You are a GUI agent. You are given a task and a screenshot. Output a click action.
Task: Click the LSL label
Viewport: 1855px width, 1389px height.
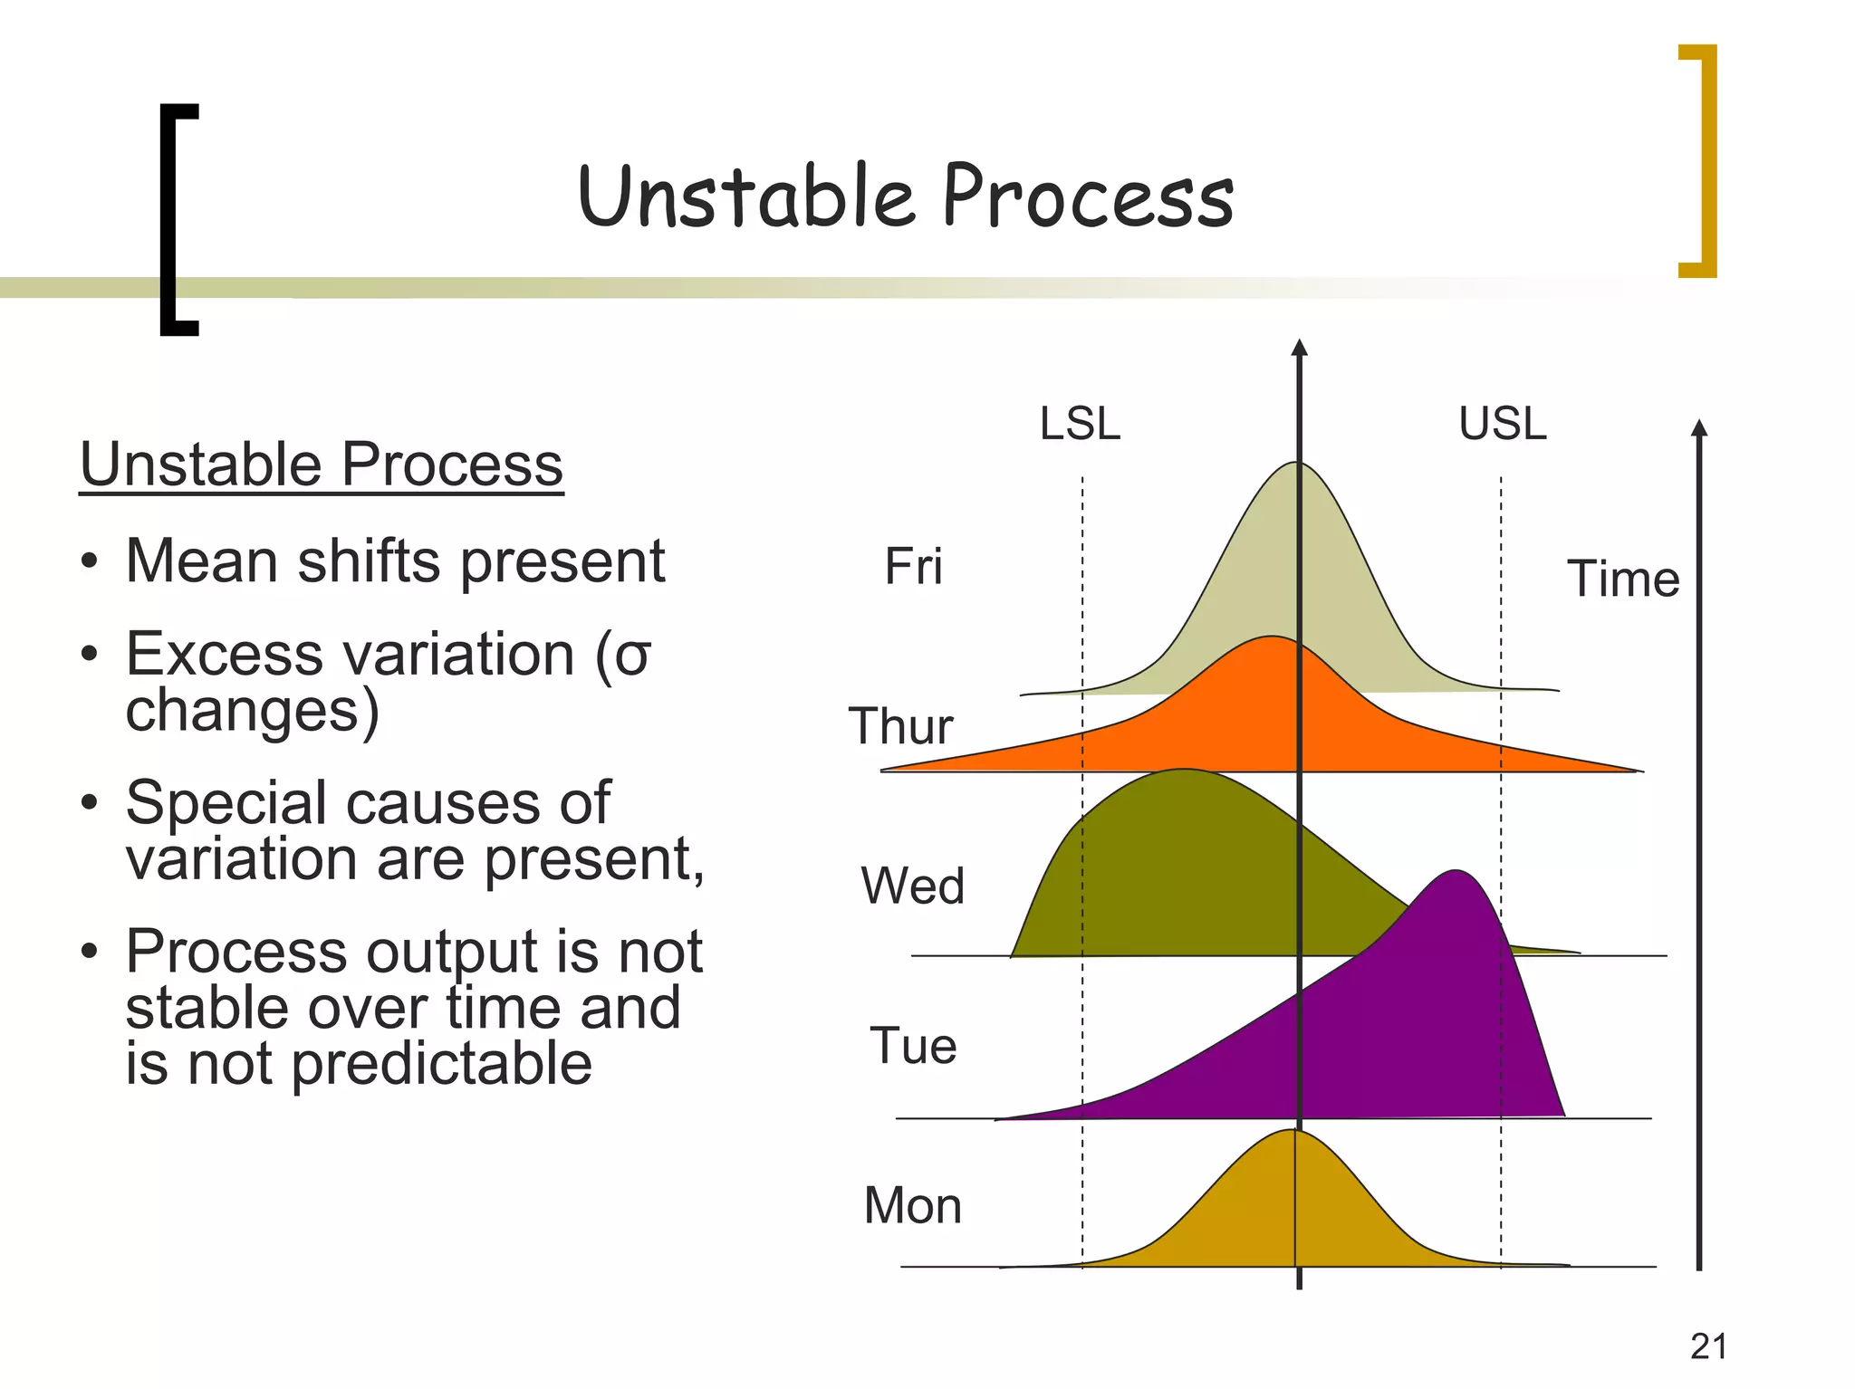[1080, 423]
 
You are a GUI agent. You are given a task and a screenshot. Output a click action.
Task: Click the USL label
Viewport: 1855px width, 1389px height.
[1503, 423]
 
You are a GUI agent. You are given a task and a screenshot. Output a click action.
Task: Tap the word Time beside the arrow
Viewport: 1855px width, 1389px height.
[1623, 579]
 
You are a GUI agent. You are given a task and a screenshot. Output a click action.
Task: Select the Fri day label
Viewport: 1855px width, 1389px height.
[913, 567]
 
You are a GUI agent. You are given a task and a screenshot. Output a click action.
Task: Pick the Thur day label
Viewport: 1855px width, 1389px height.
[900, 726]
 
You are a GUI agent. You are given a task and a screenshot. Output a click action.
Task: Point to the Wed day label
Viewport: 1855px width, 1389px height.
[912, 886]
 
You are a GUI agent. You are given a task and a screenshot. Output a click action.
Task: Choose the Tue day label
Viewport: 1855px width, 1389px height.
[913, 1046]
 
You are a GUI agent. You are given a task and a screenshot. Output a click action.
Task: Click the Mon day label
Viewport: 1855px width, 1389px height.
[912, 1205]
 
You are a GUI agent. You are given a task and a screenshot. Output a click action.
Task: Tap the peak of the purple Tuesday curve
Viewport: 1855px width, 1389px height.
[1456, 871]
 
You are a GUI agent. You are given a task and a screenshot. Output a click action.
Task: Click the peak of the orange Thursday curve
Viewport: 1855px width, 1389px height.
[1272, 637]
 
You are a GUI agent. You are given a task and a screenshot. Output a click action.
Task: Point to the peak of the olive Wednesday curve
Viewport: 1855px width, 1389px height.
[1183, 770]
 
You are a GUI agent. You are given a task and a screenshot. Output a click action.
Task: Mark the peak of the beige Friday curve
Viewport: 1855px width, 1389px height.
[1297, 463]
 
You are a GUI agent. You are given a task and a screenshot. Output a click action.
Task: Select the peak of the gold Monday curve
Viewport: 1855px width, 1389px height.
[1290, 1130]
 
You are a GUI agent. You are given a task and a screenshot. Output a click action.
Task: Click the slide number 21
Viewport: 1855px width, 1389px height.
[1708, 1346]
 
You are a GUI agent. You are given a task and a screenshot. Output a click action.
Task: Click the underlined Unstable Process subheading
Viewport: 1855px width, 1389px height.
[322, 465]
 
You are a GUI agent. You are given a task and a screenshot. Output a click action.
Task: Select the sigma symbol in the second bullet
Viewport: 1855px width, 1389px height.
[632, 657]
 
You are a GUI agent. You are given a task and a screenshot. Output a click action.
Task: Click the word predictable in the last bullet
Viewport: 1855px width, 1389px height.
[442, 1065]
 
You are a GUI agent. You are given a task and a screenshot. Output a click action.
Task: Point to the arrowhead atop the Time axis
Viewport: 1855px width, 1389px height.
[1699, 427]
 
